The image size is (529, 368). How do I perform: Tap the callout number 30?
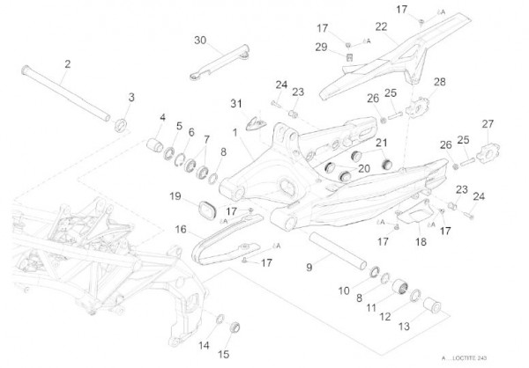(199, 40)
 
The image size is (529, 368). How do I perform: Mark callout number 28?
(439, 82)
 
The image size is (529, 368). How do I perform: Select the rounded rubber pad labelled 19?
(210, 210)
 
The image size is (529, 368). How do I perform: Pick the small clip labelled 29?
(348, 57)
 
